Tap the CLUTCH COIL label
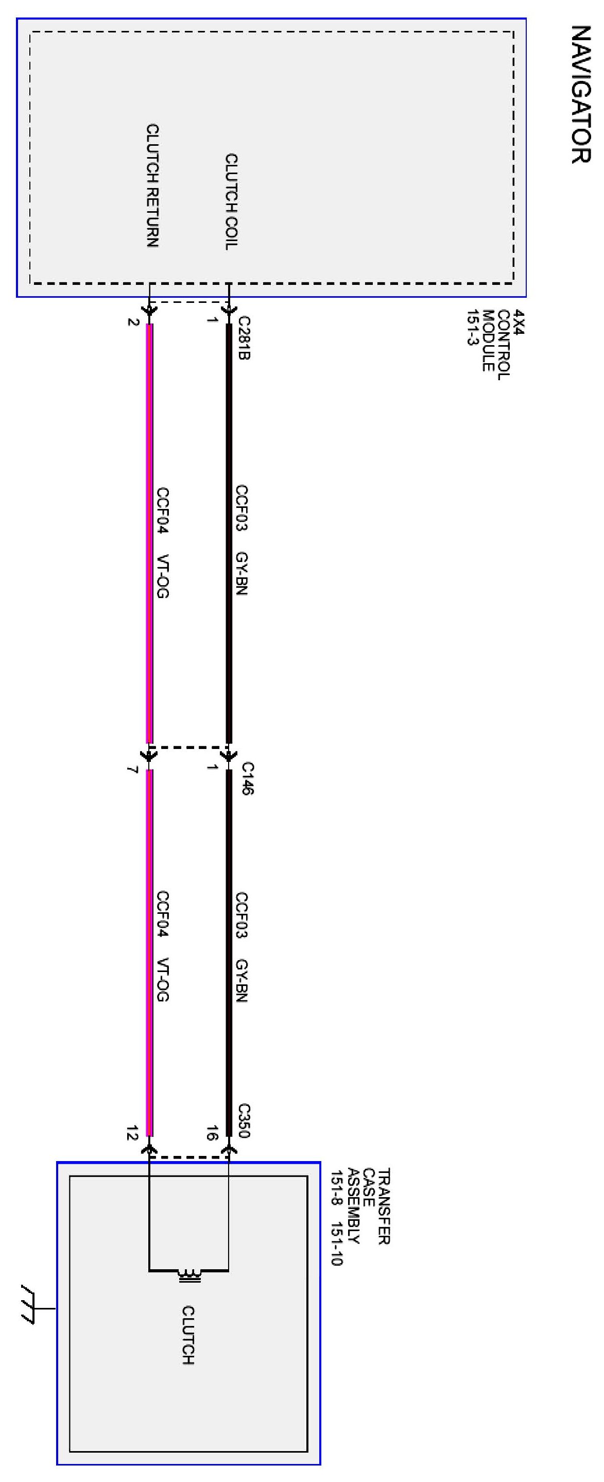[x=231, y=201]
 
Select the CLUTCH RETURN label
[x=152, y=185]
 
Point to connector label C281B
[x=244, y=338]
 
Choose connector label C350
[x=244, y=1120]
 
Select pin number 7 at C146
[x=132, y=770]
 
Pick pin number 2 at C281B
[x=133, y=321]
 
